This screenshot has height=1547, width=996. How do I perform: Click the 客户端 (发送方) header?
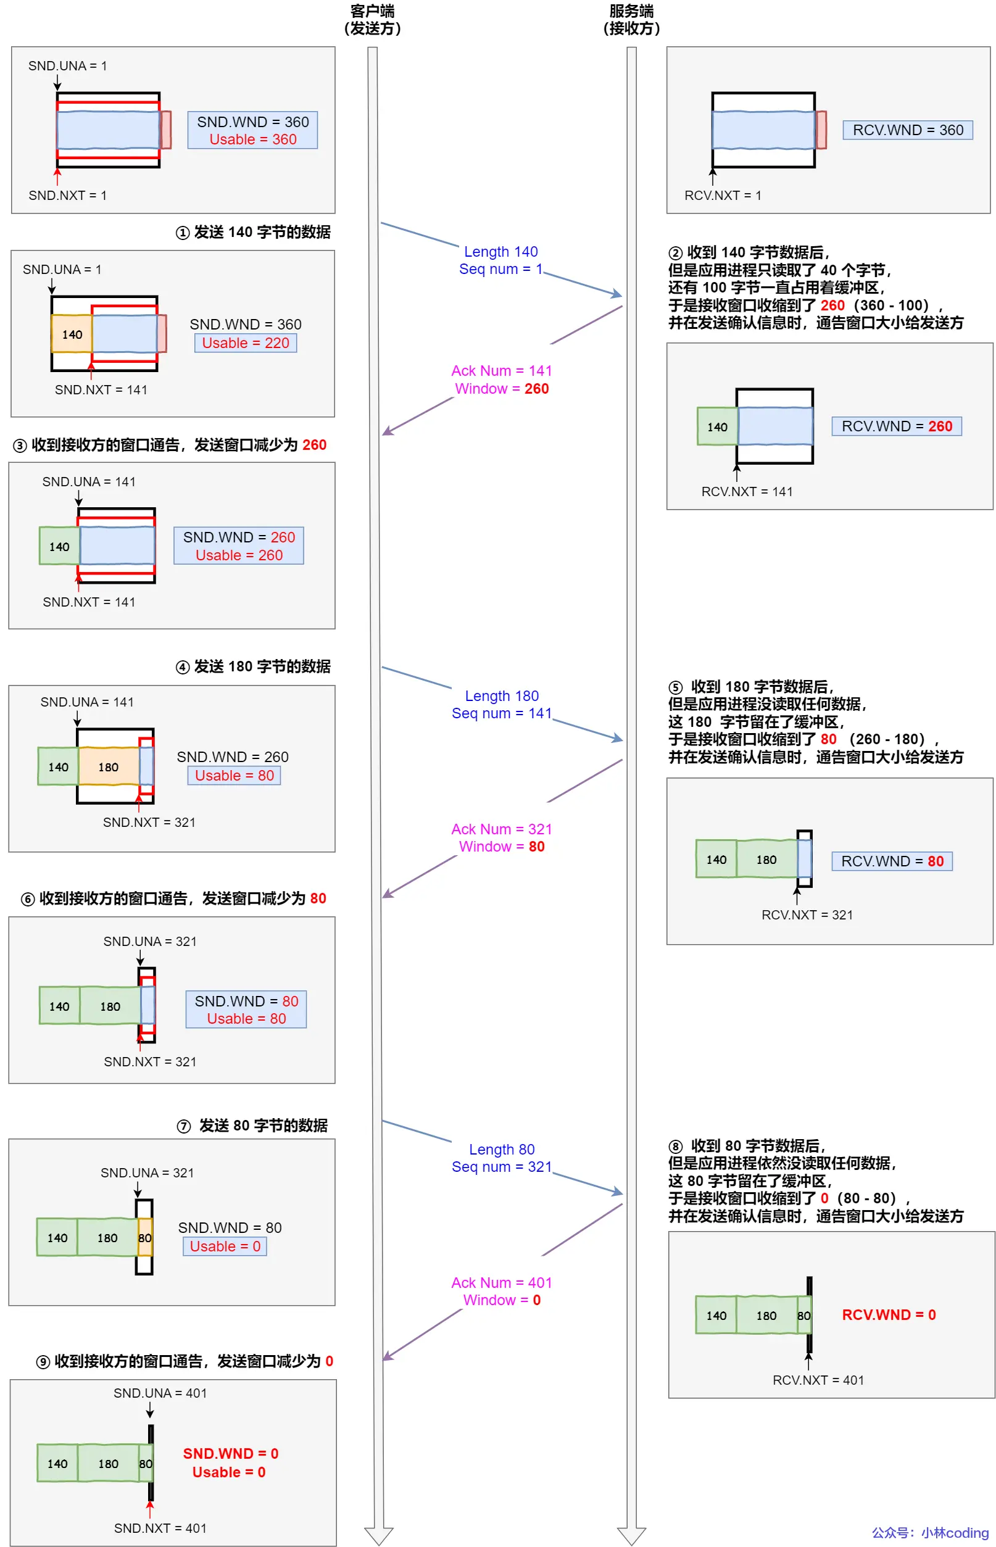pyautogui.click(x=372, y=19)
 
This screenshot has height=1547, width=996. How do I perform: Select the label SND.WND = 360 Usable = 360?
pyautogui.click(x=252, y=130)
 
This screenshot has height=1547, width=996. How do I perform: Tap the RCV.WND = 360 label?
pyautogui.click(x=907, y=130)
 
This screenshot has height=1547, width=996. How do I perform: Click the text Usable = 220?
pyautogui.click(x=245, y=342)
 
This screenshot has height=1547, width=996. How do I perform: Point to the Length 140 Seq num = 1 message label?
pyautogui.click(x=500, y=260)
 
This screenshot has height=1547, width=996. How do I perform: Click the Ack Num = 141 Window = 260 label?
pyautogui.click(x=501, y=379)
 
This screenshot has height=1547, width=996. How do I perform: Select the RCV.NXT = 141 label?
pyautogui.click(x=746, y=492)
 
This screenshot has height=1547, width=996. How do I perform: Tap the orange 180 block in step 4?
pyautogui.click(x=108, y=767)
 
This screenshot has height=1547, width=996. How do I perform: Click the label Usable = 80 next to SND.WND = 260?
pyautogui.click(x=234, y=776)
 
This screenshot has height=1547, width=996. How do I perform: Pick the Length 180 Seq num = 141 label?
pyautogui.click(x=501, y=704)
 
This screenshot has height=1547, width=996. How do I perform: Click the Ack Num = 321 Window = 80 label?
pyautogui.click(x=501, y=837)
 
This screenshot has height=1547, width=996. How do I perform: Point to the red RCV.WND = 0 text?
pyautogui.click(x=889, y=1315)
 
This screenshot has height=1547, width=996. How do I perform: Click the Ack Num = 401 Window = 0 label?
pyautogui.click(x=501, y=1291)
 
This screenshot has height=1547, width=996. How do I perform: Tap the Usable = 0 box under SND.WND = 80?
pyautogui.click(x=225, y=1246)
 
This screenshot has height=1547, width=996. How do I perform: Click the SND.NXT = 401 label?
pyautogui.click(x=160, y=1528)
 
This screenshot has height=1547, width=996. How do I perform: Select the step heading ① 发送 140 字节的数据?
pyautogui.click(x=253, y=232)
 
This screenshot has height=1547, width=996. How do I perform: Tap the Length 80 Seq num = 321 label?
pyautogui.click(x=501, y=1158)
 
